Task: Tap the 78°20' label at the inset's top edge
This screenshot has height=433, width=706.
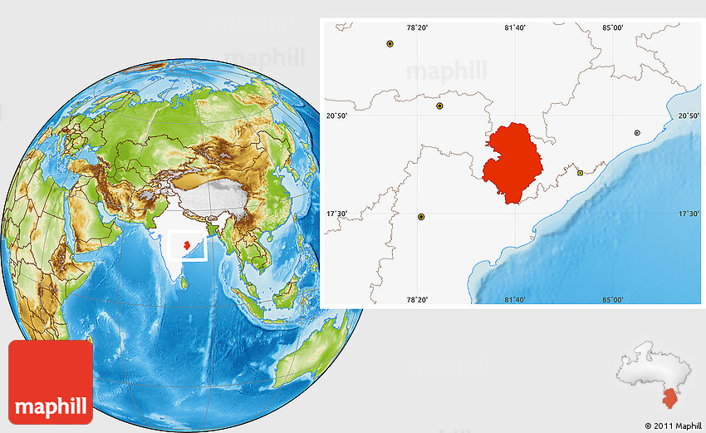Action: click(417, 28)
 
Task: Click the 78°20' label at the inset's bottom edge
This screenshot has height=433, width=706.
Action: click(417, 299)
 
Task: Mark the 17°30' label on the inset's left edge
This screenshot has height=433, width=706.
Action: click(336, 214)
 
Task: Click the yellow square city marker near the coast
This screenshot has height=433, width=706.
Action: click(580, 173)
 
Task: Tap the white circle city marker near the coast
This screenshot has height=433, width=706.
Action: click(637, 132)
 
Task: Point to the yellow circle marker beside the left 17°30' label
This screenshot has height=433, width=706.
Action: click(421, 217)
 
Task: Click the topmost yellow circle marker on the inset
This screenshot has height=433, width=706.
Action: click(390, 43)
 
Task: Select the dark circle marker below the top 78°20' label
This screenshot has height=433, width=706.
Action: click(439, 106)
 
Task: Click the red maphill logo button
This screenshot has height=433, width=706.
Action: click(51, 381)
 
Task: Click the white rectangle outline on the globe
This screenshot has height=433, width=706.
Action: click(188, 247)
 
